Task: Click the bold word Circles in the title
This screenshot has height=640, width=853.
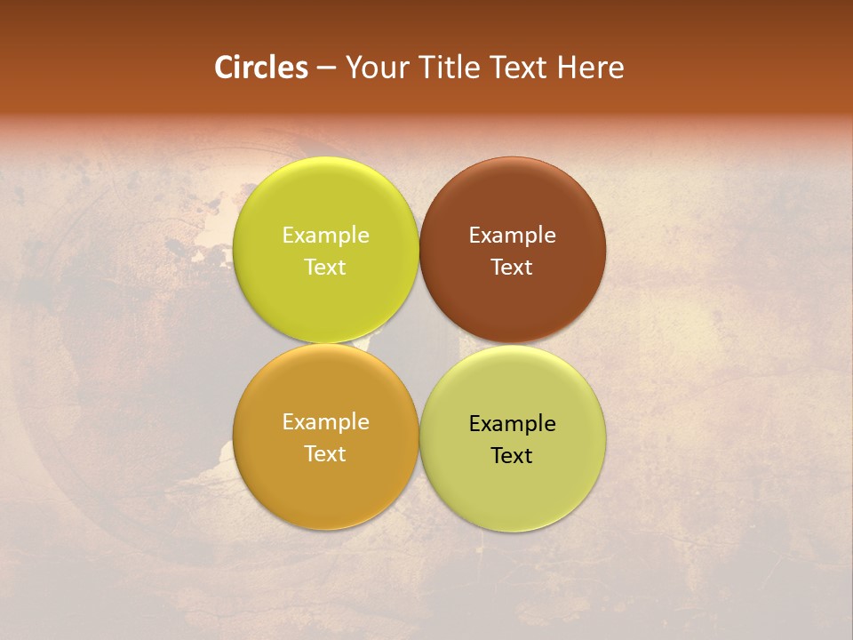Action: click(260, 68)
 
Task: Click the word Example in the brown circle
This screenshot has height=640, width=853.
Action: click(513, 236)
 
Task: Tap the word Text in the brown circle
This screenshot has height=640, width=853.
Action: click(512, 268)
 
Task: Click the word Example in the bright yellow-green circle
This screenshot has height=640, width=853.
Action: click(326, 236)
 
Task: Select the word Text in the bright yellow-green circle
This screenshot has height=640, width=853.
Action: click(325, 268)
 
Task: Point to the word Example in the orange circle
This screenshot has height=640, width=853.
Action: click(326, 422)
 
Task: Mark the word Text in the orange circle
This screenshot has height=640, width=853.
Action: click(325, 454)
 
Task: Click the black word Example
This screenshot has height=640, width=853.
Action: click(513, 424)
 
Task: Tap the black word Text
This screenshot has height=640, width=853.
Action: click(512, 456)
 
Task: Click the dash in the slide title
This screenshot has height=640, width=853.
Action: click(326, 68)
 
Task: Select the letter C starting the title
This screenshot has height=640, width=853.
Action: click(224, 68)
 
